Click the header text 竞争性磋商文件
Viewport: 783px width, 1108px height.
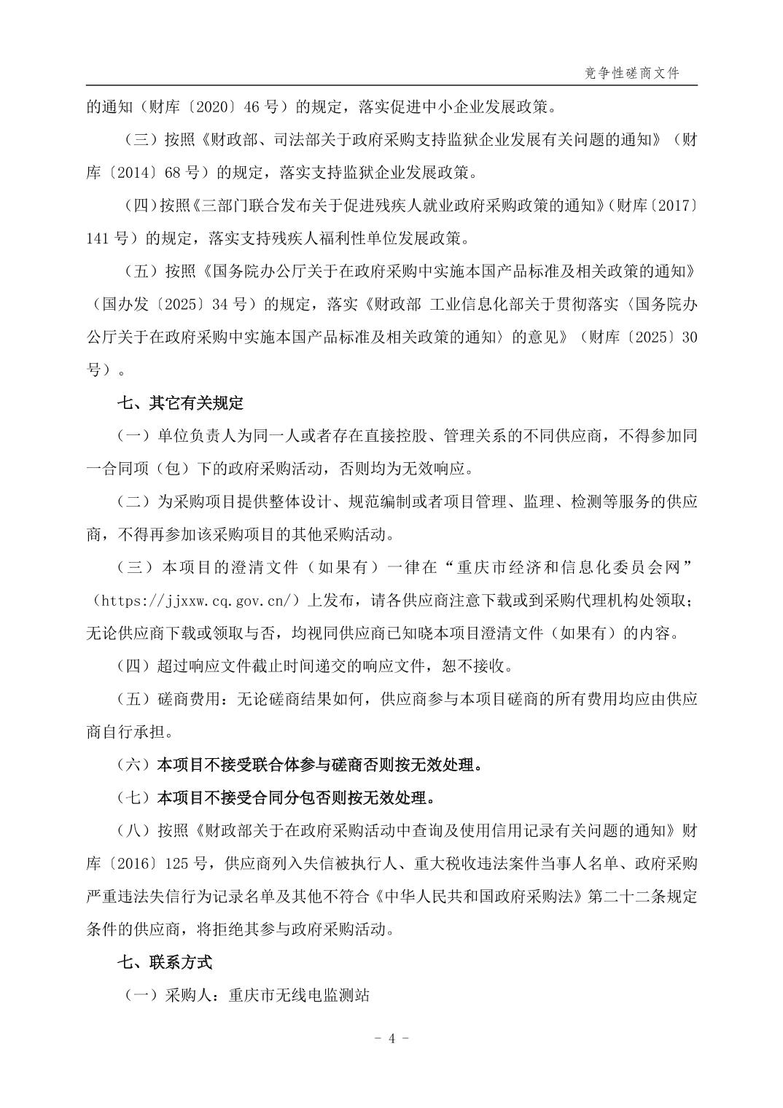632,74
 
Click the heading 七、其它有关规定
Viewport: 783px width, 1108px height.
180,403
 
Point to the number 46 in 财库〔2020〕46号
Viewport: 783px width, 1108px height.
252,107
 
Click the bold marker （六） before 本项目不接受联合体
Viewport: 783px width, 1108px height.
133,765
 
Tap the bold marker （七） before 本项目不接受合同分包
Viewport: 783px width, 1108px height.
133,797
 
